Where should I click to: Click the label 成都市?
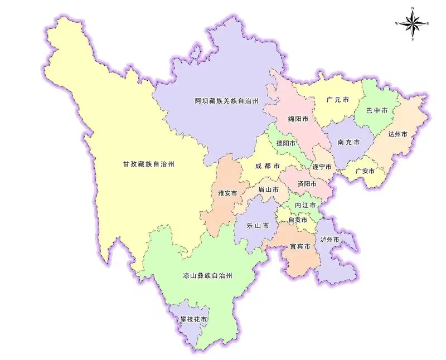(x=268, y=166)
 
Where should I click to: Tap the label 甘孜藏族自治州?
(x=149, y=164)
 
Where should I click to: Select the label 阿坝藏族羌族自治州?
(x=227, y=101)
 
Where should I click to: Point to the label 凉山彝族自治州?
(x=207, y=276)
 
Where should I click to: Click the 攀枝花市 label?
(x=194, y=320)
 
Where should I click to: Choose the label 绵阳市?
(x=298, y=119)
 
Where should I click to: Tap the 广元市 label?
(x=338, y=100)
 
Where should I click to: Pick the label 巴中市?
(x=376, y=111)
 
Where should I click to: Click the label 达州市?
(x=398, y=134)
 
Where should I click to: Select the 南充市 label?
(x=348, y=143)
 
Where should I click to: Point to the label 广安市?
(x=365, y=171)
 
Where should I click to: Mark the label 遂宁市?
(x=322, y=167)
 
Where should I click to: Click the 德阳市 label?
(x=287, y=143)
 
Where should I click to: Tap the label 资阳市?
(x=307, y=183)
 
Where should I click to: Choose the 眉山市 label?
(x=269, y=189)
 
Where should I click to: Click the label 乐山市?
(x=258, y=226)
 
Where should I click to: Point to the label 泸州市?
(x=329, y=239)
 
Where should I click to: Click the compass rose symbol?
(x=413, y=23)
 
